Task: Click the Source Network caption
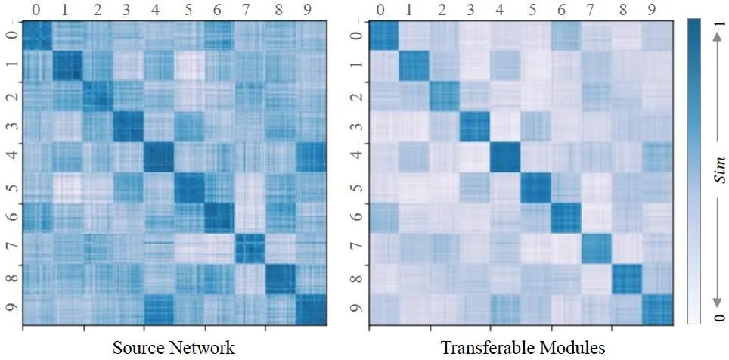point(174,347)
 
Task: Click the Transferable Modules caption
point(523,347)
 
